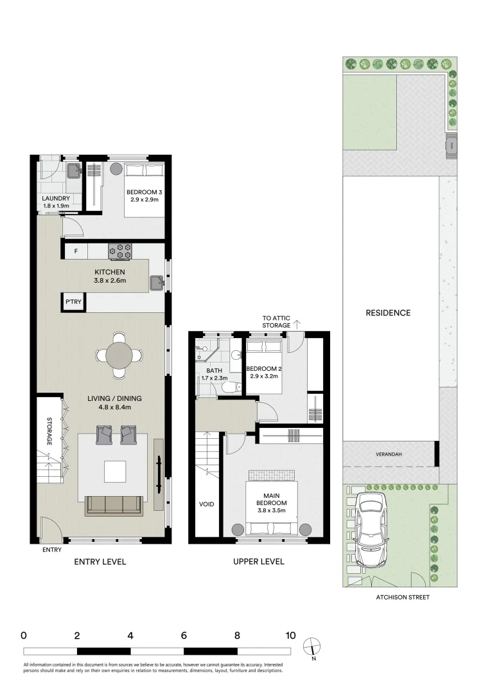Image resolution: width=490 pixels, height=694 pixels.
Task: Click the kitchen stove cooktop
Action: (121, 251)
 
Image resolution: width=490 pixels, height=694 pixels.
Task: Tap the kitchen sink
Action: (157, 281)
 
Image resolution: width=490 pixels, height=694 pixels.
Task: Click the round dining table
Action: (119, 354)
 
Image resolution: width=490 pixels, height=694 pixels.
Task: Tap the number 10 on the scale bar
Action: (290, 636)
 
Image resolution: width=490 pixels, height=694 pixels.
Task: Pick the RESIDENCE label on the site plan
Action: (388, 313)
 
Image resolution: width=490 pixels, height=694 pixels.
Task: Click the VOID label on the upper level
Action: (206, 504)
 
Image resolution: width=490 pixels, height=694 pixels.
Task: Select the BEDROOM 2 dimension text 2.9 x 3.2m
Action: (264, 377)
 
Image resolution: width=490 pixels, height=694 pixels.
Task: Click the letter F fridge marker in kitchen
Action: (76, 251)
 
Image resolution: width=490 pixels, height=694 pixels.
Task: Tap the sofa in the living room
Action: (114, 506)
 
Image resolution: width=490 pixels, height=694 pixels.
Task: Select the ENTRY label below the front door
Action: (51, 550)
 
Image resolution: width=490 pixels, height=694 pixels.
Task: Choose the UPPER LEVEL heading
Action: (259, 562)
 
